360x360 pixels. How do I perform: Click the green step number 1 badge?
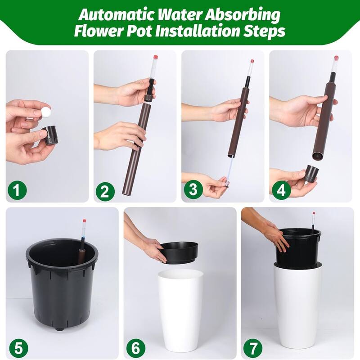coord(17,190)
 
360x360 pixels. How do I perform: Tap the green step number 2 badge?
coord(105,191)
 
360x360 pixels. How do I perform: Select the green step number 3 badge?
coord(193,189)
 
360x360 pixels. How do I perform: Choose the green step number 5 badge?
coord(18,347)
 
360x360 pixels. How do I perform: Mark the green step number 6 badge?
coord(136,347)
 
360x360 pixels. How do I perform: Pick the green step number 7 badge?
coord(253,347)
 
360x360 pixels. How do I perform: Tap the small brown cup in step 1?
coord(50,135)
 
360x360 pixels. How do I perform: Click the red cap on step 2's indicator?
coord(156,57)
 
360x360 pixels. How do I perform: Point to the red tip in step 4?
coord(337,58)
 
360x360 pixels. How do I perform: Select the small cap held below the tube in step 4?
coord(312,173)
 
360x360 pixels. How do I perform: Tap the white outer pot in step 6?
coord(180,310)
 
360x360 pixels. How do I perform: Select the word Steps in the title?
coord(264,31)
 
